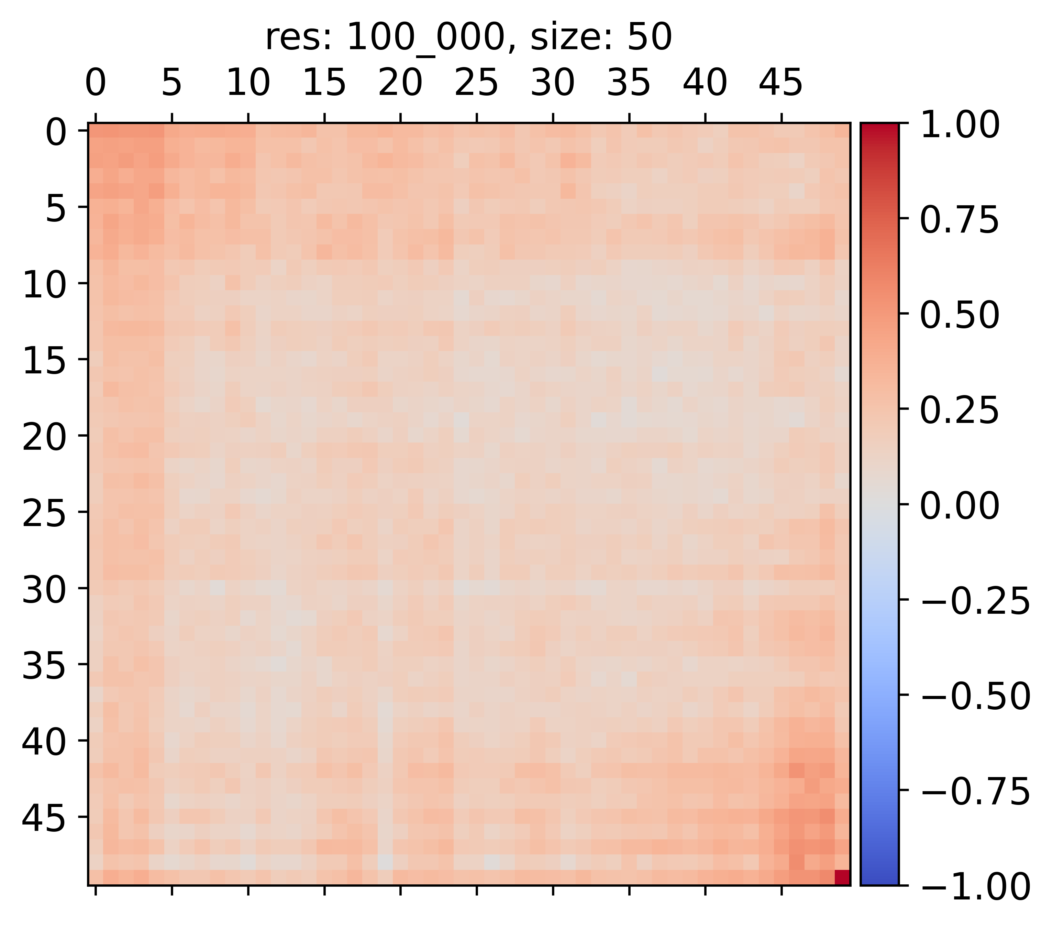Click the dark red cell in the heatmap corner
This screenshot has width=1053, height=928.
pyautogui.click(x=842, y=877)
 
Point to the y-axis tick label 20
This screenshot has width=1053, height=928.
pyautogui.click(x=44, y=437)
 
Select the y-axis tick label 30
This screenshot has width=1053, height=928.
pyautogui.click(x=44, y=589)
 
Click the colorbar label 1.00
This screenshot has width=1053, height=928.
pyautogui.click(x=960, y=125)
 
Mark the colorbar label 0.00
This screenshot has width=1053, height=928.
pyautogui.click(x=960, y=505)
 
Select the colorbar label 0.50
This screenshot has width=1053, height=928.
pyautogui.click(x=960, y=315)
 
